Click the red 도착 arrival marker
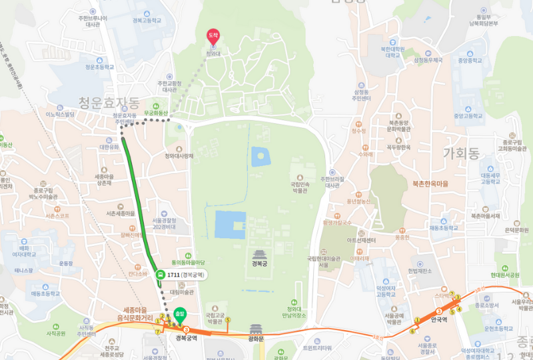click(214, 35)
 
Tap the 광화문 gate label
click(257, 339)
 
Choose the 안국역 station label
click(438, 320)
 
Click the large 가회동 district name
click(461, 154)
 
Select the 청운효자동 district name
click(109, 103)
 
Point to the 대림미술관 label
click(181, 291)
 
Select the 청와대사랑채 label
click(179, 157)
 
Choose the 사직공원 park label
click(56, 333)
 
